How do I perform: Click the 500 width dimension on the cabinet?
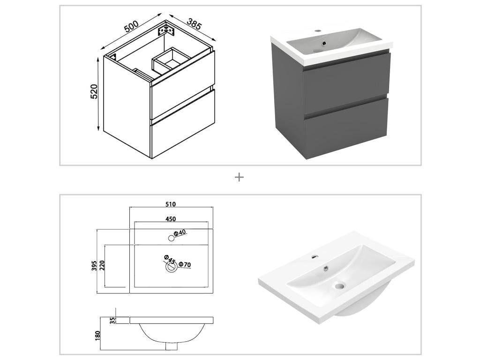(x=131, y=27)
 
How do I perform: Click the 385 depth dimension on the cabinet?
(x=194, y=24)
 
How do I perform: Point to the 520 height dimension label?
(x=94, y=91)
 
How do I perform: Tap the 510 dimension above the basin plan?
(x=170, y=204)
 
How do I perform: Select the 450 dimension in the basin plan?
(x=170, y=219)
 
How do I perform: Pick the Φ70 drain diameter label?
(x=184, y=265)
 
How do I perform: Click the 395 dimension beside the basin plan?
(x=94, y=266)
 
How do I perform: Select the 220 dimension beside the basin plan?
(x=102, y=266)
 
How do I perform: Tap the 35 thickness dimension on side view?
(x=112, y=321)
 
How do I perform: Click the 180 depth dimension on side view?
(x=98, y=336)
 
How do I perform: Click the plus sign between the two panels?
(x=240, y=177)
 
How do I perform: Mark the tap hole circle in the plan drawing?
(x=171, y=238)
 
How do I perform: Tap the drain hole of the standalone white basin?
(x=338, y=285)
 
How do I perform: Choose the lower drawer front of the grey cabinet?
(x=346, y=124)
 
